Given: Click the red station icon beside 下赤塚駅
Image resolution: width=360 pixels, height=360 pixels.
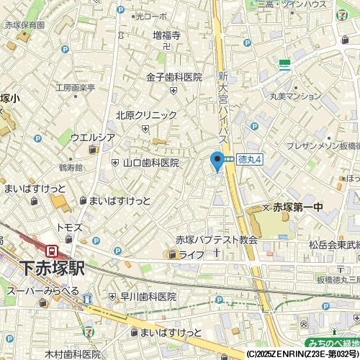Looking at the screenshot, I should pos(52,251).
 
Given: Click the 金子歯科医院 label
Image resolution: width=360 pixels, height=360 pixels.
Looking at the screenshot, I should pos(174,77).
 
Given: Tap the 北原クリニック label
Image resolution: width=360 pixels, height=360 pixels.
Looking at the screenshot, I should pos(146,114).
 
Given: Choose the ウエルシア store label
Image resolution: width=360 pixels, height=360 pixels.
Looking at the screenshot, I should pos(93,137).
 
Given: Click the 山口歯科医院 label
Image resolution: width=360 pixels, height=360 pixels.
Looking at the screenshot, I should pos(151,163).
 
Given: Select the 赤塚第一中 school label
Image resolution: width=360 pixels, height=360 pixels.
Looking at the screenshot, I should pos(298,207).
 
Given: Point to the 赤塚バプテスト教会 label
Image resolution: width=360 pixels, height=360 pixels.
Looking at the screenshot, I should pos(216,240).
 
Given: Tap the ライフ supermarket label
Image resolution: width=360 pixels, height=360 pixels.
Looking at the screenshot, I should pos(192,254).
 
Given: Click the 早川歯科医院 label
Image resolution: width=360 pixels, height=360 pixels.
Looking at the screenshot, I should pos(148,297).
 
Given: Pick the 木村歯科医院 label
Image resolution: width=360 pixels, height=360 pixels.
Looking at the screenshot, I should pos(73,354).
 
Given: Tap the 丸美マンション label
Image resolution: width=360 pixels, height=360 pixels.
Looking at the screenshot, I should pos(296,96).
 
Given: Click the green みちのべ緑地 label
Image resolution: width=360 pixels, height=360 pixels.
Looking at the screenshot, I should pos(330,344).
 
